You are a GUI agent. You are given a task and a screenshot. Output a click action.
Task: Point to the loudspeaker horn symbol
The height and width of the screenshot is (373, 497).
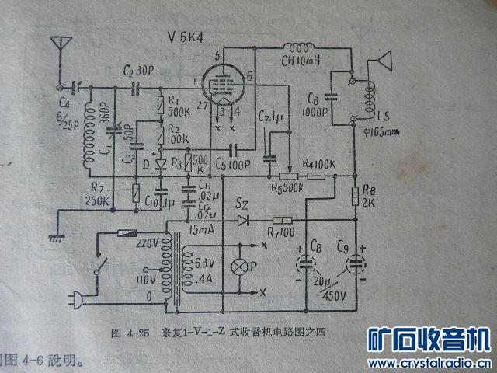pos(383,63)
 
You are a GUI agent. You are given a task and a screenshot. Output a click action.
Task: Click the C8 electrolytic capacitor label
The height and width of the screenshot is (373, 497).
pos(315,249)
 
